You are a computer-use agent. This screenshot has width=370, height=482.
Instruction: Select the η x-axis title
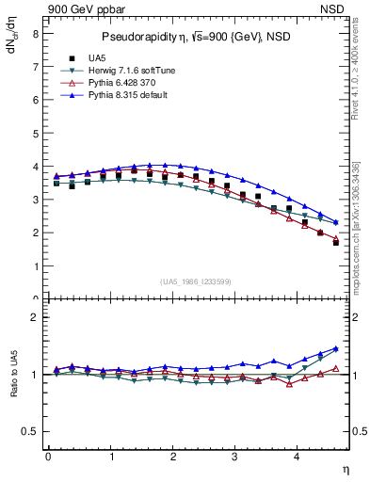click(x=346, y=469)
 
